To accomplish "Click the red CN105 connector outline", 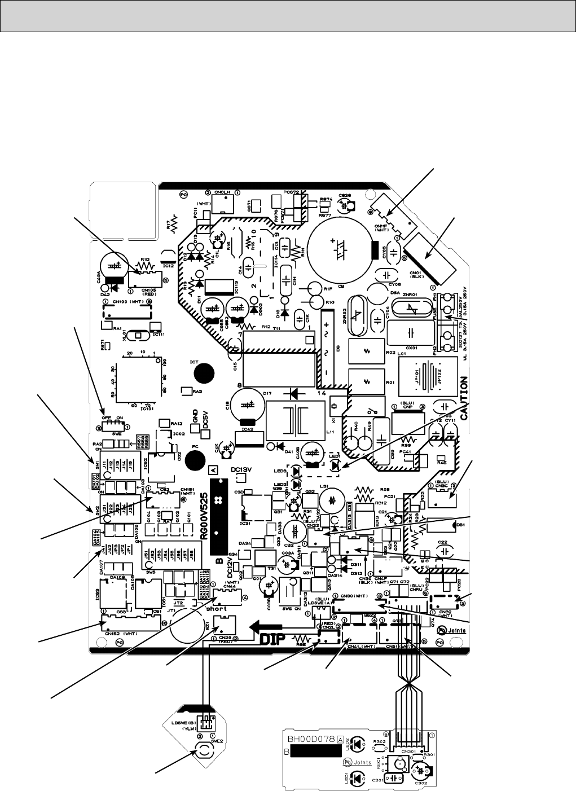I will tap(146, 280).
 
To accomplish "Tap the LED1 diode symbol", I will tap(336, 466).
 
